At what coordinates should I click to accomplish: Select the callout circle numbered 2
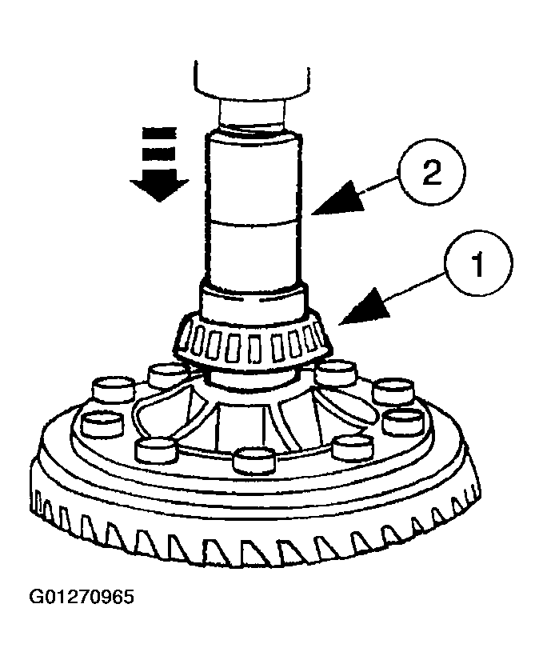pos(430,173)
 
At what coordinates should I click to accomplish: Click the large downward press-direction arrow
pos(161,183)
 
